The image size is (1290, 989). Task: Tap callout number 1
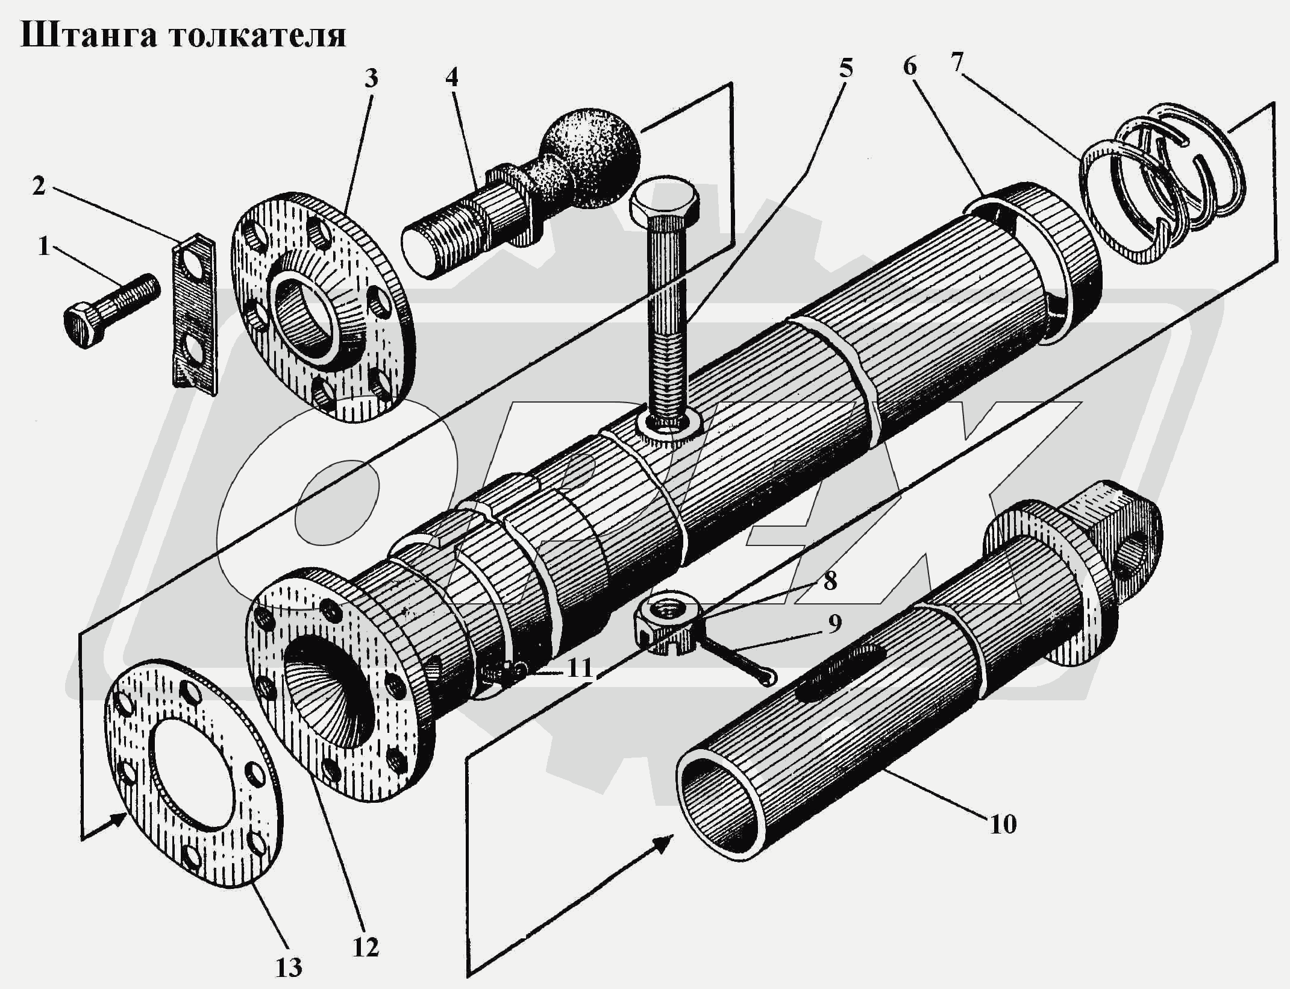point(43,246)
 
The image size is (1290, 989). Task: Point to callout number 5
point(845,69)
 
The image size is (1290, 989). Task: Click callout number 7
point(957,62)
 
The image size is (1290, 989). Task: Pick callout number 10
point(1003,824)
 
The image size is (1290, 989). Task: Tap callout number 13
point(289,967)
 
